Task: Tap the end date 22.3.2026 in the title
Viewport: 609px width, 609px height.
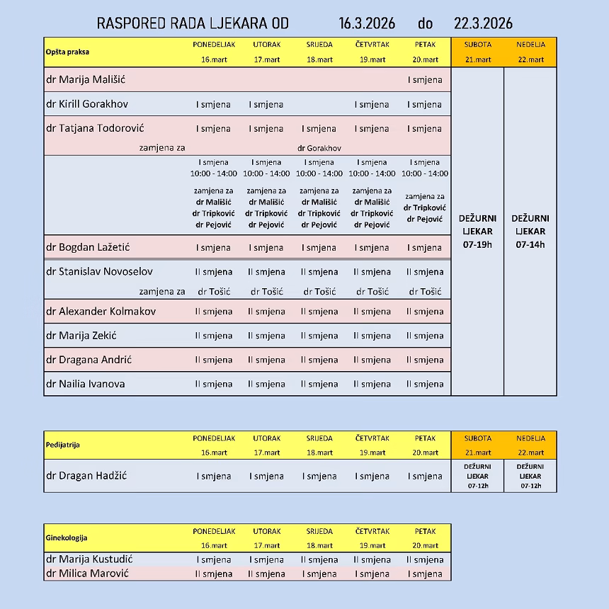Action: click(483, 23)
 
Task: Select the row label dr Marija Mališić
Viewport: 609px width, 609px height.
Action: click(86, 79)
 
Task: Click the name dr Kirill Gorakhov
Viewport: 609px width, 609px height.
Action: click(87, 104)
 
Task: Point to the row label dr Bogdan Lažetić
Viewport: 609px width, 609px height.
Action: click(88, 247)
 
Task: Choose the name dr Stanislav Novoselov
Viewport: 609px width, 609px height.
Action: click(99, 271)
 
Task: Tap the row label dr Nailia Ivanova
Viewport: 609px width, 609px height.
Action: click(85, 384)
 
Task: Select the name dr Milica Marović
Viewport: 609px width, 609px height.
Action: click(87, 574)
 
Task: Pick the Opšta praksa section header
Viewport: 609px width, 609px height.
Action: click(68, 52)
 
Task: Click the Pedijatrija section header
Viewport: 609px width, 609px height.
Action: click(63, 445)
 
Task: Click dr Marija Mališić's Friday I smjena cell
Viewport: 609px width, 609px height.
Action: click(425, 79)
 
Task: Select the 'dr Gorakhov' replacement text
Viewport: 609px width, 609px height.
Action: click(319, 148)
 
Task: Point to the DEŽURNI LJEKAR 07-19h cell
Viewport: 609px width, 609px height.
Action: click(477, 231)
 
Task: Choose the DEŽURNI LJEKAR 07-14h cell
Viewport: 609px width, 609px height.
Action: click(530, 231)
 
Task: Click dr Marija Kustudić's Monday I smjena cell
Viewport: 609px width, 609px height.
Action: click(214, 559)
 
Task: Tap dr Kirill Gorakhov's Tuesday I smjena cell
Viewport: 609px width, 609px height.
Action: click(266, 104)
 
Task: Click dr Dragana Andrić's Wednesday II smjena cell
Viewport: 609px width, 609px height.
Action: click(319, 360)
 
